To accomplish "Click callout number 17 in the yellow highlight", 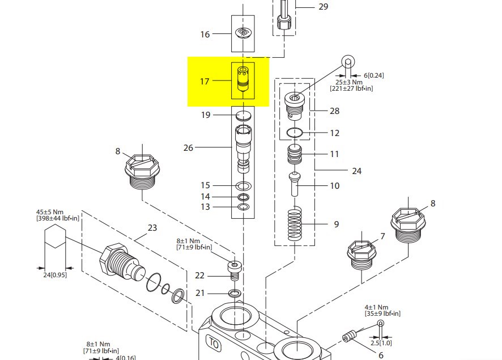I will (205, 82).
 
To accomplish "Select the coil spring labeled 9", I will (296, 224).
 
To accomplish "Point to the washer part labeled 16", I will (243, 33).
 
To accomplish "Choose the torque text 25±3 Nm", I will (347, 82).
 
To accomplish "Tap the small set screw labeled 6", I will (349, 337).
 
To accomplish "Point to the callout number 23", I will (152, 228).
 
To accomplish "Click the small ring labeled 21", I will (234, 293).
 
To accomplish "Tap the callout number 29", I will (323, 7).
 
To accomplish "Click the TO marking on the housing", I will (214, 344).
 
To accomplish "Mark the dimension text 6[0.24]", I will (373, 75).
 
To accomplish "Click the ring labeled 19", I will (244, 116).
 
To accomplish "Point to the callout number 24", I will (356, 171).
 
